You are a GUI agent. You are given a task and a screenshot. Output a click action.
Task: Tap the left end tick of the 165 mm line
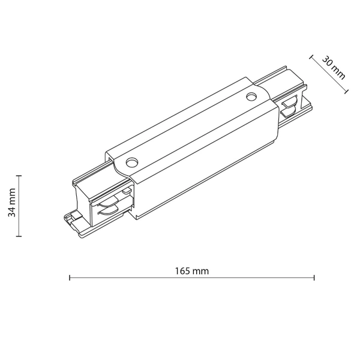coord(70,278)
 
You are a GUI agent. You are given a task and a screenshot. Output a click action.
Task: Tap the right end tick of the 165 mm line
coord(314,278)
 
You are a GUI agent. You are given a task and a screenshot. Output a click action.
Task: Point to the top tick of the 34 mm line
coord(19,176)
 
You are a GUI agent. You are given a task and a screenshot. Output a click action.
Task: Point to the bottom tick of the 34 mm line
coord(19,236)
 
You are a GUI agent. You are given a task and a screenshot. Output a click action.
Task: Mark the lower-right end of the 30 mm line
coord(347,92)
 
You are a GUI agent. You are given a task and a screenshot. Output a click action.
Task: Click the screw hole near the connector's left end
coord(131,162)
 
